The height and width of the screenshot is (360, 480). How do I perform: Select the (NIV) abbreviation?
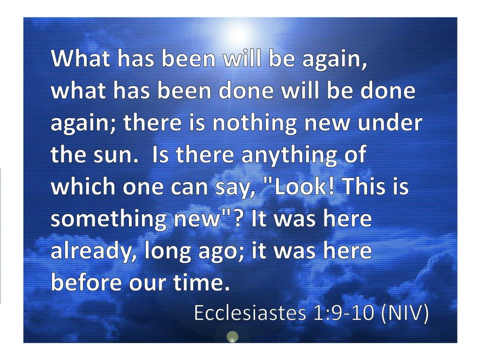[x=404, y=314]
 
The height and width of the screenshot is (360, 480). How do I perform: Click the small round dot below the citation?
[x=232, y=337]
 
